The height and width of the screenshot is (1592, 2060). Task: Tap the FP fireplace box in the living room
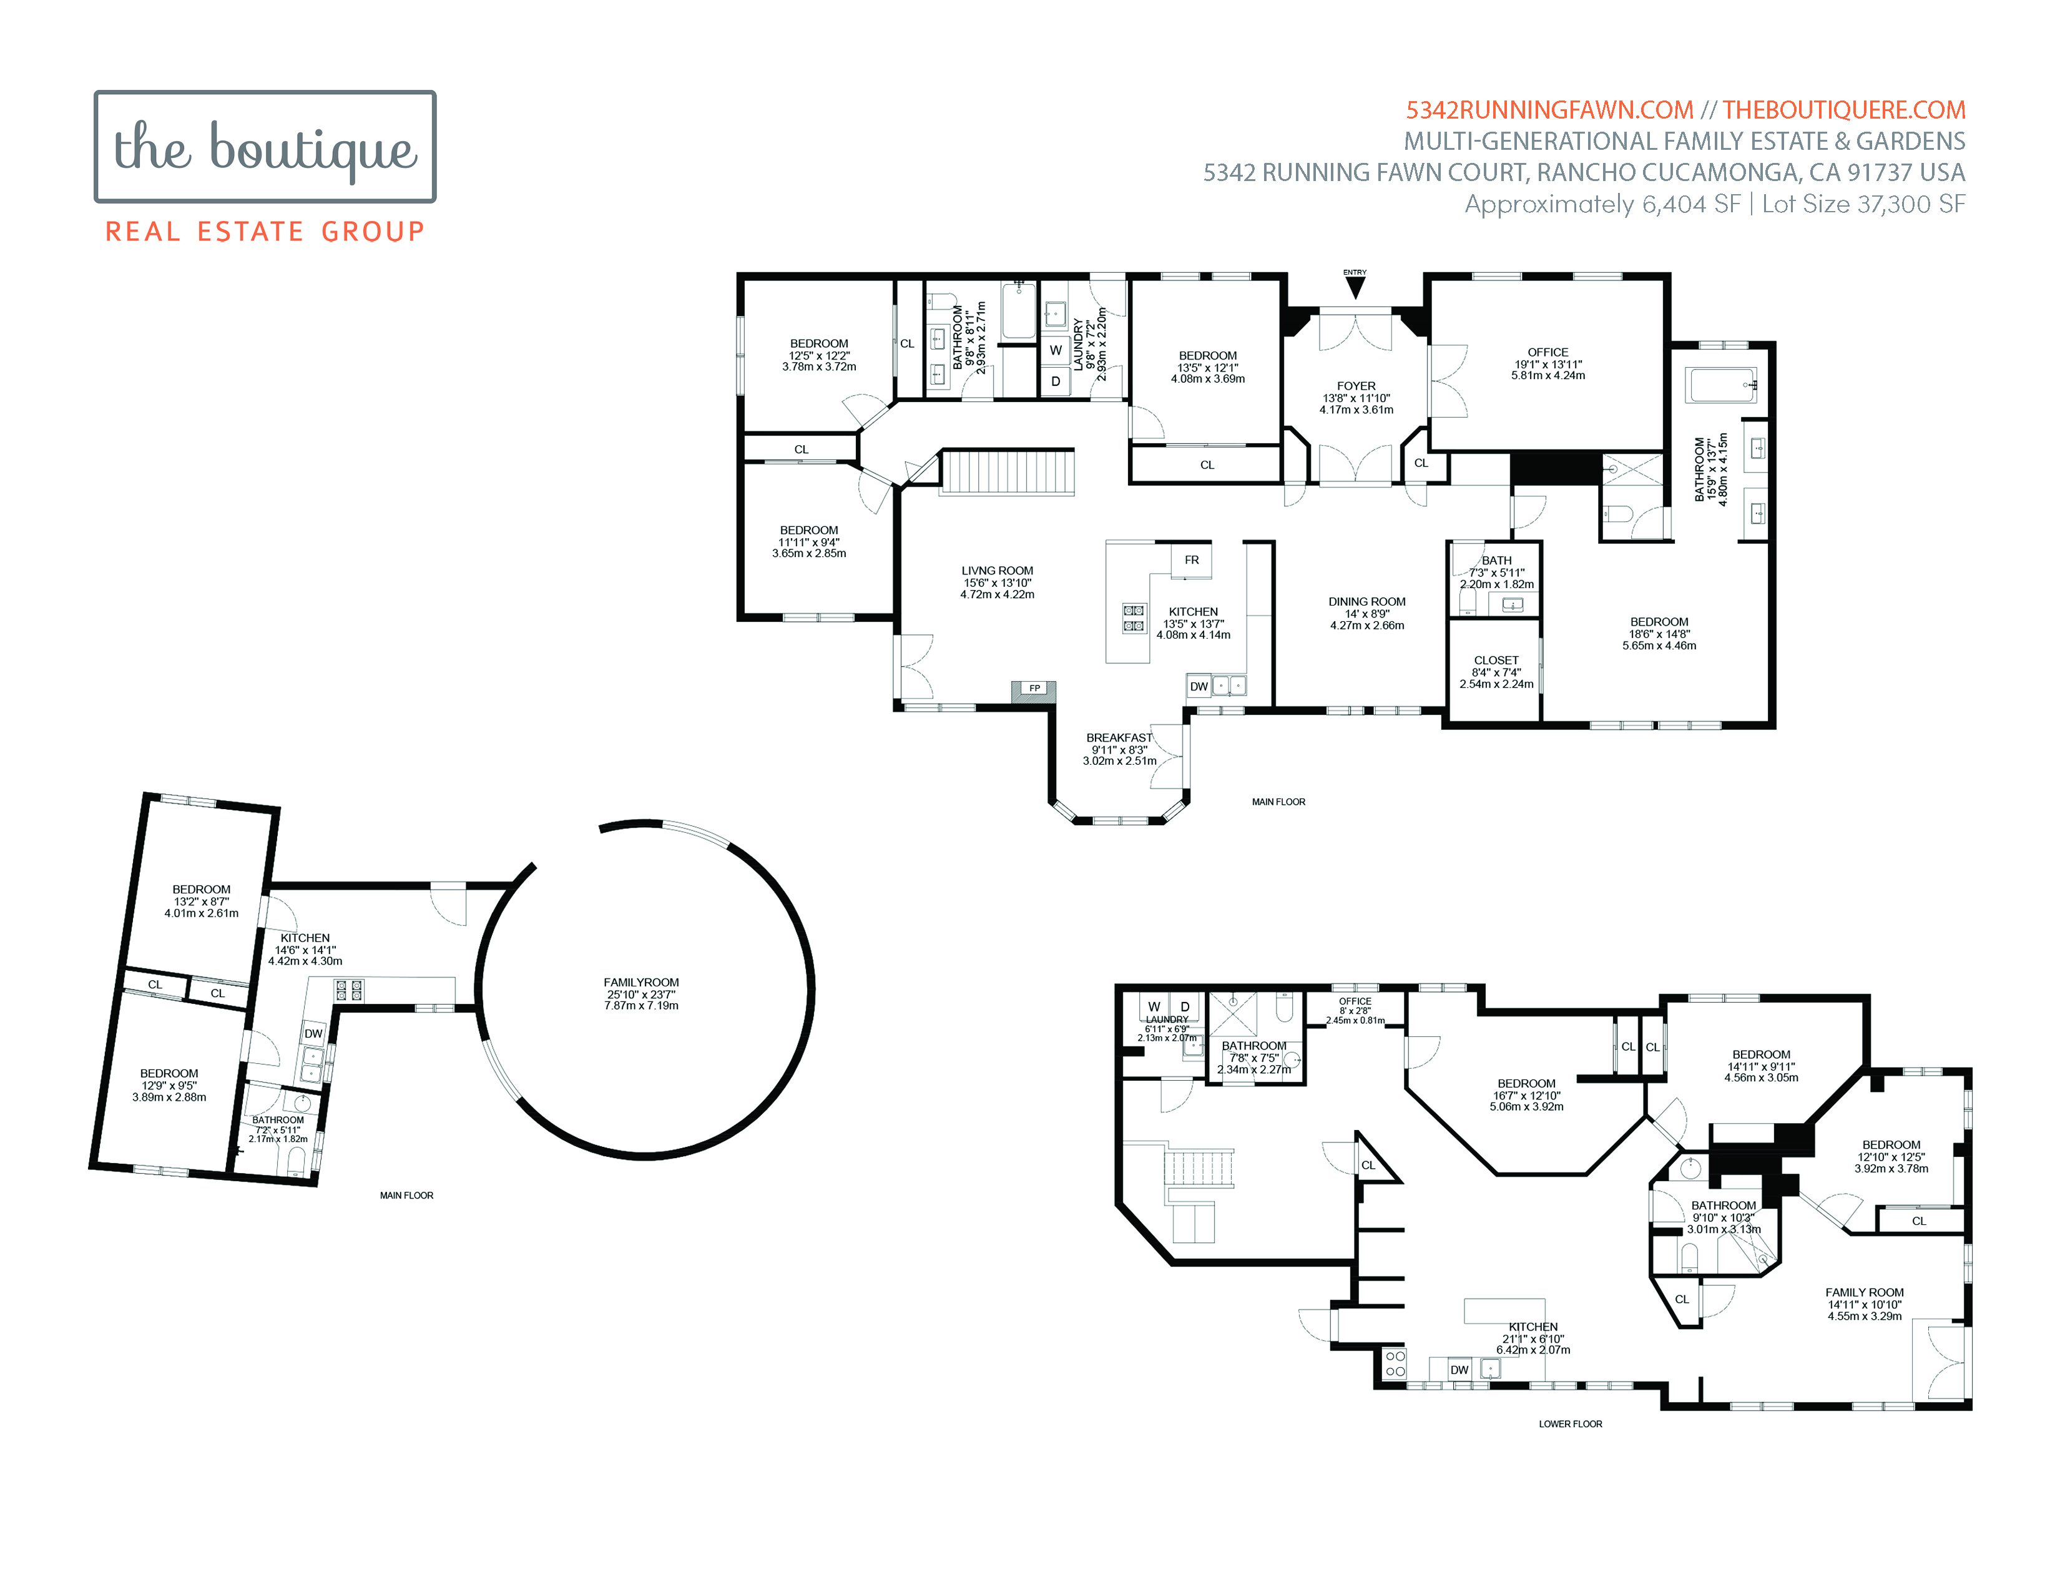tap(1034, 689)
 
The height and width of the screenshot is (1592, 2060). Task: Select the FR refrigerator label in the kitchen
tap(1191, 560)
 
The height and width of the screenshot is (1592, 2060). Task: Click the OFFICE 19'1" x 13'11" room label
tap(1548, 364)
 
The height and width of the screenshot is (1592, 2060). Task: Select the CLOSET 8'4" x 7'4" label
tap(1496, 672)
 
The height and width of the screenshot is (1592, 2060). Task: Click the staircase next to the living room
tap(1008, 471)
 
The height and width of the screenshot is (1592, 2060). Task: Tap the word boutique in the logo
tap(313, 150)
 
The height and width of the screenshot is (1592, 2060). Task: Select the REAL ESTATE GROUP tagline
tap(265, 232)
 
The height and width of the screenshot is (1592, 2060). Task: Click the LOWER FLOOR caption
tap(1571, 1424)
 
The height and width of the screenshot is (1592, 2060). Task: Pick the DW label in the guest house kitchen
tap(313, 1034)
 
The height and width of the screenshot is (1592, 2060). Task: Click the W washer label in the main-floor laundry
tap(1056, 350)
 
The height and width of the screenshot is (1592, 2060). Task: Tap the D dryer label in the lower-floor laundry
tap(1185, 1007)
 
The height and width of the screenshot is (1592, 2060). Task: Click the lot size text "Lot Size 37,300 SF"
tap(1864, 205)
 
